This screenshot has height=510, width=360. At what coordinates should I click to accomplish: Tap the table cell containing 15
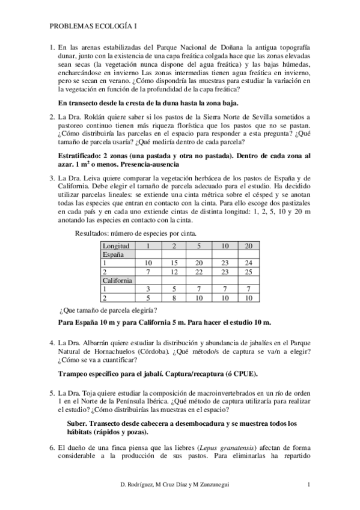tap(173, 263)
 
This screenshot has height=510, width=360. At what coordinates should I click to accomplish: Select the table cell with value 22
tap(198, 272)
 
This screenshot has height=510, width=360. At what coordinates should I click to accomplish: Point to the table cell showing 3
tap(148, 289)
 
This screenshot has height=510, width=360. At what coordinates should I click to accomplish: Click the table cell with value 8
tap(173, 298)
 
